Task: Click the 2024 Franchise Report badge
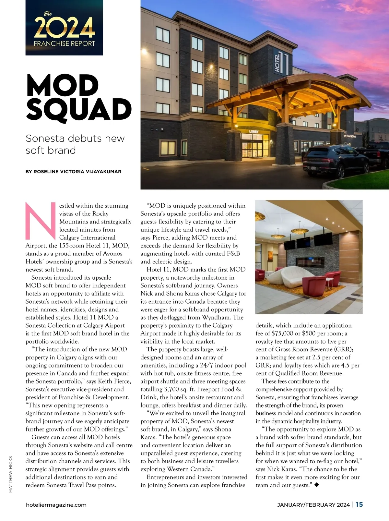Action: point(64,28)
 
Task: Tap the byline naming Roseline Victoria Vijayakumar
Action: point(73,172)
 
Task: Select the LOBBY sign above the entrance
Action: point(253,131)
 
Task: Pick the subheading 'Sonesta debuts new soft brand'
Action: point(75,144)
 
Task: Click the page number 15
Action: point(359,504)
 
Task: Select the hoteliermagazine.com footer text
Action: point(56,505)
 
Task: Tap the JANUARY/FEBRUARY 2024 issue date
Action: point(313,505)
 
